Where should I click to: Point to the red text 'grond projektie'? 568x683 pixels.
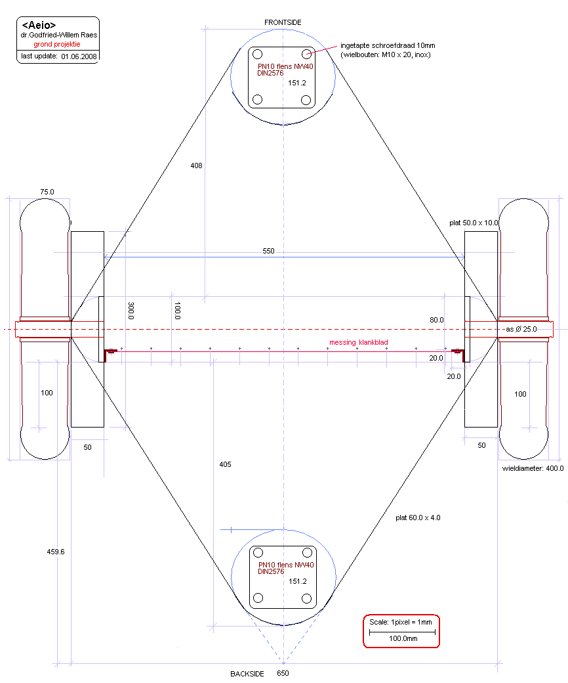tap(57, 43)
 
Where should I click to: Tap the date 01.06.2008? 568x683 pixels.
tap(79, 57)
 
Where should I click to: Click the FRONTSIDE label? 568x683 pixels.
tap(283, 22)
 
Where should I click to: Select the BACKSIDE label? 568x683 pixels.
tap(247, 674)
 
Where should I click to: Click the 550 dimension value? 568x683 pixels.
tap(269, 252)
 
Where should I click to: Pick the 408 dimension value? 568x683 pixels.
tap(196, 165)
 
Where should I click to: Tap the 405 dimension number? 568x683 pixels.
tap(225, 464)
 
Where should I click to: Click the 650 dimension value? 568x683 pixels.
tap(283, 674)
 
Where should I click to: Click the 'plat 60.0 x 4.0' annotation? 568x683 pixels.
tap(418, 518)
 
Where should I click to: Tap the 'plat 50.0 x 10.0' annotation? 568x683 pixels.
tap(474, 223)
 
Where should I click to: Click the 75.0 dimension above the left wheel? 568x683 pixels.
tap(47, 192)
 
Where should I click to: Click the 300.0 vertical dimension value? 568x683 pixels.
tap(131, 311)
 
